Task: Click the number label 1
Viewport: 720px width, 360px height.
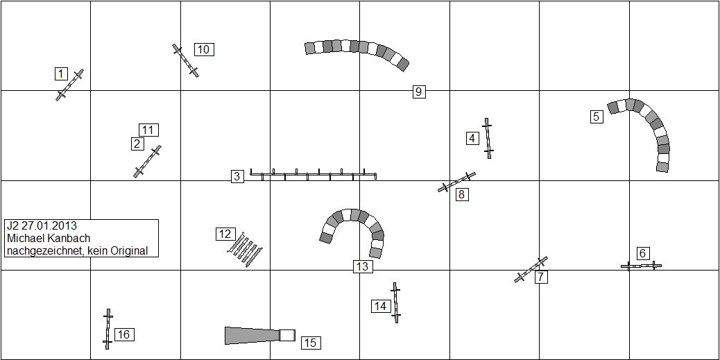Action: (x=61, y=74)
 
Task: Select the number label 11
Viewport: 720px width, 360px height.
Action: (x=148, y=130)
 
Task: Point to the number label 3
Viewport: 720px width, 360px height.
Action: (x=237, y=176)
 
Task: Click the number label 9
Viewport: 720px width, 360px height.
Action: (x=418, y=92)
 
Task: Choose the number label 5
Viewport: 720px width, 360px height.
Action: (x=596, y=117)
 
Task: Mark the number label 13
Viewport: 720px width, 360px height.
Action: (x=363, y=266)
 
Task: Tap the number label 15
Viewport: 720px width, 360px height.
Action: (x=311, y=343)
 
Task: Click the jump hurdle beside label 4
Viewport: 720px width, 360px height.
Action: (x=488, y=138)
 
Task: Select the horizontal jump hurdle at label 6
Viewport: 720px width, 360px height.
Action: (x=641, y=266)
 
